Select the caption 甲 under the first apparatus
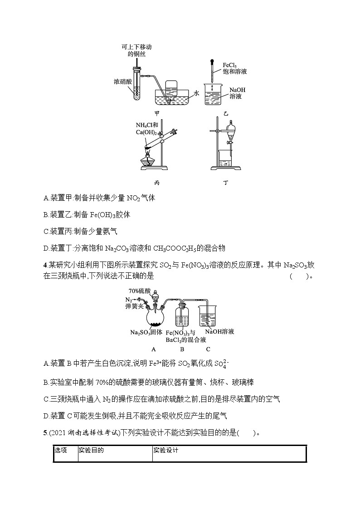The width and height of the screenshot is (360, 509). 157,113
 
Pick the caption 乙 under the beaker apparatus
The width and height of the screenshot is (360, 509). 225,113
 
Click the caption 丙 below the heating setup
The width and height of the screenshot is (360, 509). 157,183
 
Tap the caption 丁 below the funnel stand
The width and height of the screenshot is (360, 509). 225,183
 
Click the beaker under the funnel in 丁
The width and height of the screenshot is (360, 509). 226,159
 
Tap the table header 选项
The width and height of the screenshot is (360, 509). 61,450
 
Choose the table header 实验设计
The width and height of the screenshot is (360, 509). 166,450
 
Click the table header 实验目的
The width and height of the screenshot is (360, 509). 91,450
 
